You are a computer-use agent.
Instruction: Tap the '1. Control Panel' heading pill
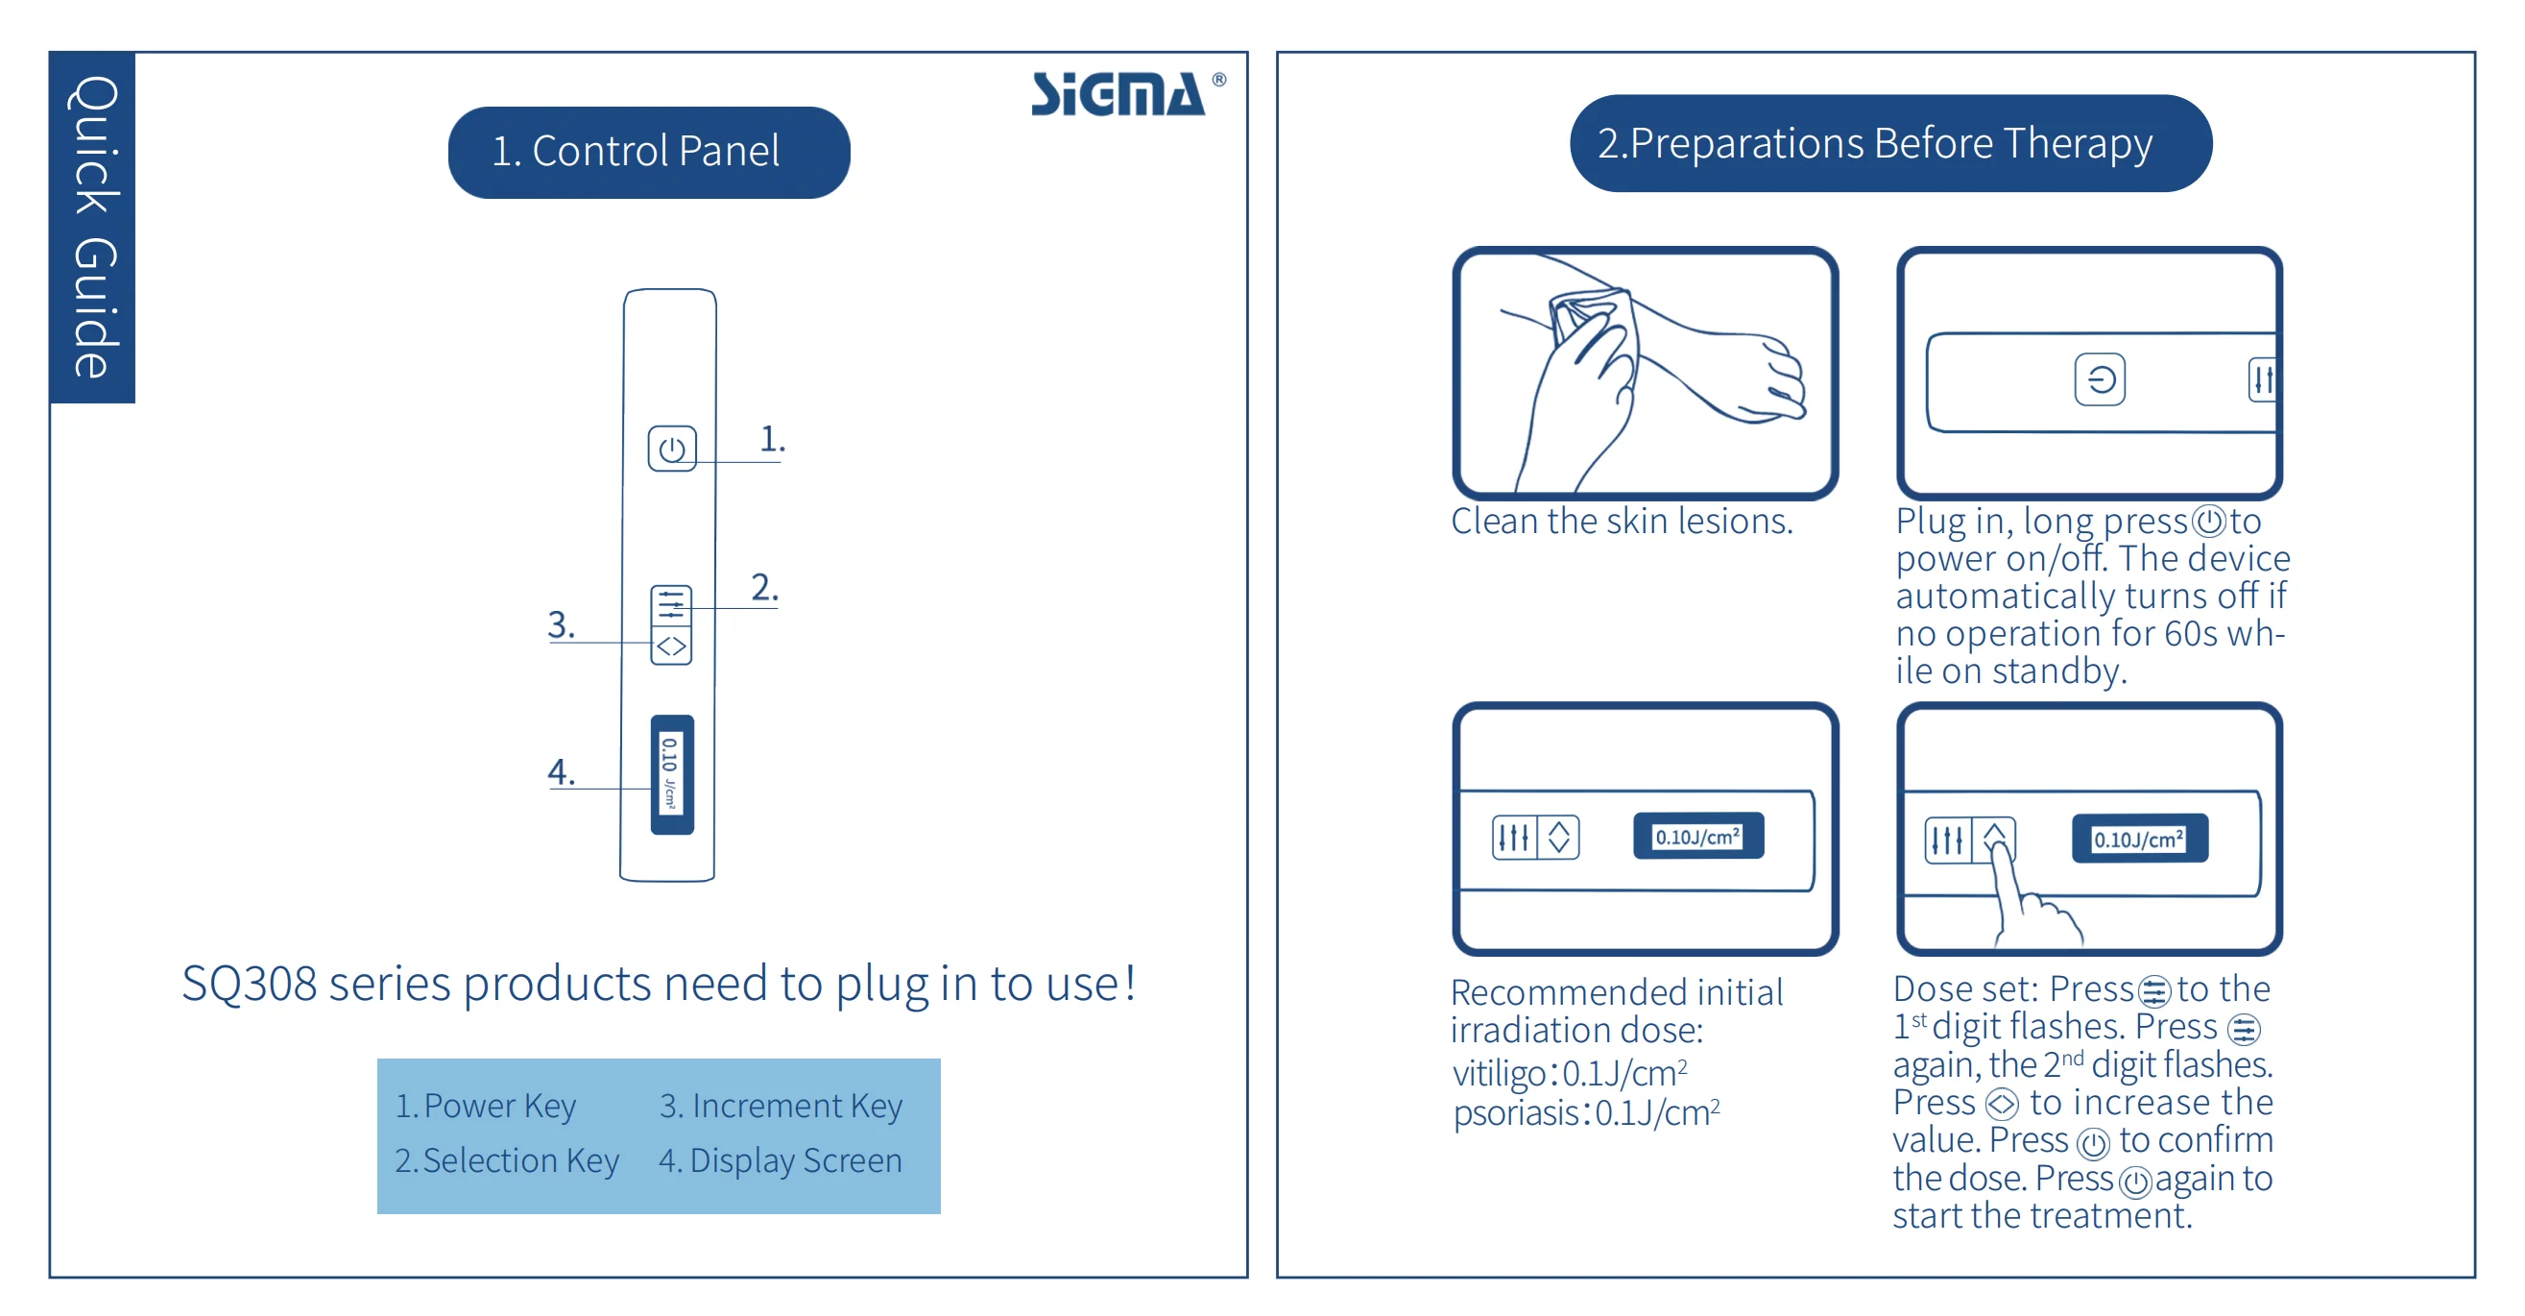[648, 152]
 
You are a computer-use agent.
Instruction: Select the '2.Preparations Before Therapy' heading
[1888, 143]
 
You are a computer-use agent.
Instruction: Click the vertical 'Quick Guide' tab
[93, 227]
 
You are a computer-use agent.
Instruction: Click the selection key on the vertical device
[671, 604]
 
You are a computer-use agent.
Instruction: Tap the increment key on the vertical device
[671, 646]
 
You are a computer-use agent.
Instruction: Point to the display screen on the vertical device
[671, 773]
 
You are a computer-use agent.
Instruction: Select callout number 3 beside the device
[561, 624]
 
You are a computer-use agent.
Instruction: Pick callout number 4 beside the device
[561, 771]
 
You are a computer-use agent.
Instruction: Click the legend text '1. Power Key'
[485, 1107]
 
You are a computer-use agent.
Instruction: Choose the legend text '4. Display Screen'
[781, 1160]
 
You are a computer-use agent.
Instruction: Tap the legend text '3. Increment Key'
[781, 1107]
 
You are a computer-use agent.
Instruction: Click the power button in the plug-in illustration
[2099, 379]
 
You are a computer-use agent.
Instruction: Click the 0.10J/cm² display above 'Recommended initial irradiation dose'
[1697, 837]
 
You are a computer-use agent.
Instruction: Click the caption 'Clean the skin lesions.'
[1622, 521]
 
